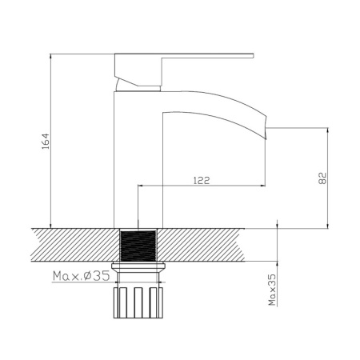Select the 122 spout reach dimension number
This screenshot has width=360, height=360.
(x=202, y=182)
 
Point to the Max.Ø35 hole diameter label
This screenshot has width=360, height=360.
(x=80, y=277)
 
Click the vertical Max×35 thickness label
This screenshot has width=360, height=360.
(x=272, y=289)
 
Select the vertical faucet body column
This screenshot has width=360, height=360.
(x=138, y=160)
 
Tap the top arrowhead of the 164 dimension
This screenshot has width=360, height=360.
(x=51, y=58)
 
